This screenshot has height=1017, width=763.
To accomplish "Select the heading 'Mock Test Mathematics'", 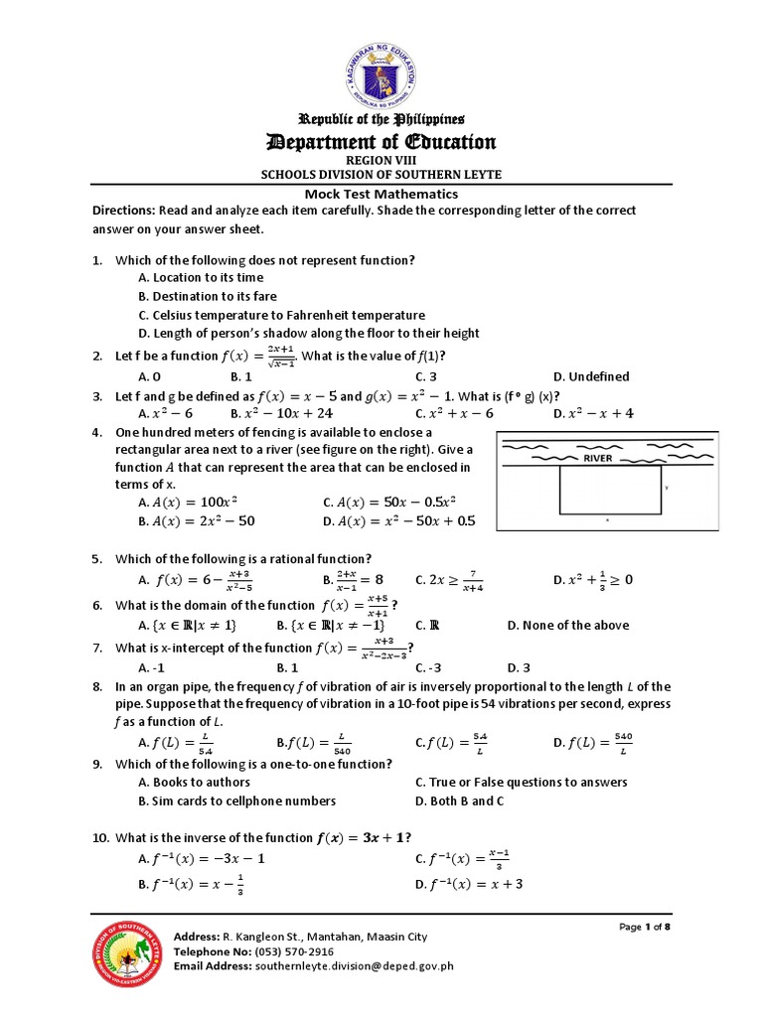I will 381,194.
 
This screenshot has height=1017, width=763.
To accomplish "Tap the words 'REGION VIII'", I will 381,159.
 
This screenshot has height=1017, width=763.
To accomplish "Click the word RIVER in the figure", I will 599,459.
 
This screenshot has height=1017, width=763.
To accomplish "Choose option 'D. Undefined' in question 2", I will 591,376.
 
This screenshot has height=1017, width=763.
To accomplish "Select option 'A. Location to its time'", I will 201,278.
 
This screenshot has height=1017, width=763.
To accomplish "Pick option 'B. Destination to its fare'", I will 208,296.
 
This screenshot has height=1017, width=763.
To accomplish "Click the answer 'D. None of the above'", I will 567,625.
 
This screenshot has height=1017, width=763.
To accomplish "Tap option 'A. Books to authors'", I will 194,782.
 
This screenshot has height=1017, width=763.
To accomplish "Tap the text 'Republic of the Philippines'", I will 381,119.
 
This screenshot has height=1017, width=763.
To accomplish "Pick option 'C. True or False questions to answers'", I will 522,782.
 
